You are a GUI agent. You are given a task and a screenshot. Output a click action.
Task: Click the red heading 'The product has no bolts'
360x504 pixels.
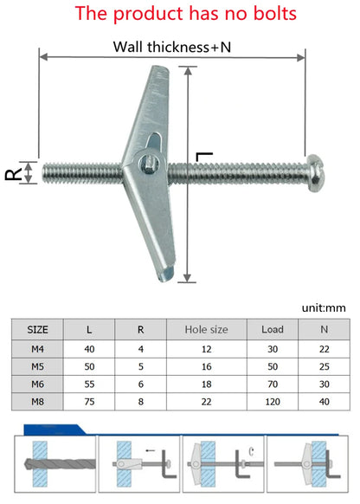pyautogui.click(x=180, y=14)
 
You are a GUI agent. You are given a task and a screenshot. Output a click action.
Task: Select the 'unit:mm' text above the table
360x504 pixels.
pyautogui.click(x=325, y=307)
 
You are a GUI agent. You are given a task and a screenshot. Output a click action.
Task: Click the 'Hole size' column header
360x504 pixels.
pyautogui.click(x=207, y=330)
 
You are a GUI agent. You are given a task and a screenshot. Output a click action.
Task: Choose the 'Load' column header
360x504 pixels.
pyautogui.click(x=272, y=330)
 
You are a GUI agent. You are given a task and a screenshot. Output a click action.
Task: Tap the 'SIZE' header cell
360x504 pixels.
pyautogui.click(x=38, y=330)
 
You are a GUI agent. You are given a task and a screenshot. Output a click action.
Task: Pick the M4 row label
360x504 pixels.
pyautogui.click(x=38, y=348)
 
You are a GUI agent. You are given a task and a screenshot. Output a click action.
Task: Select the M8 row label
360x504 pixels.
pyautogui.click(x=38, y=400)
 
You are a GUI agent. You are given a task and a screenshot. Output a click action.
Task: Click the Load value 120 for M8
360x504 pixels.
pyautogui.click(x=272, y=400)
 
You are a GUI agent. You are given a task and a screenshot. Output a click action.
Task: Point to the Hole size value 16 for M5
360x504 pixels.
pyautogui.click(x=207, y=365)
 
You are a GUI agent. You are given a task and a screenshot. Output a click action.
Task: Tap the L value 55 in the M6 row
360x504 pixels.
pyautogui.click(x=90, y=383)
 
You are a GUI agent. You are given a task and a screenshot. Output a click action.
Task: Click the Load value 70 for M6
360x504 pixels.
pyautogui.click(x=272, y=383)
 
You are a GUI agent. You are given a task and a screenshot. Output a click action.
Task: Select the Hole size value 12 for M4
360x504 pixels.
pyautogui.click(x=207, y=348)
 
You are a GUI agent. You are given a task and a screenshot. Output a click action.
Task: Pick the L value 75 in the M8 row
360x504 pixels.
pyautogui.click(x=90, y=400)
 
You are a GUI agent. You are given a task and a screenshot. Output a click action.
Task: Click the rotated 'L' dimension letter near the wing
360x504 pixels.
pyautogui.click(x=204, y=157)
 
